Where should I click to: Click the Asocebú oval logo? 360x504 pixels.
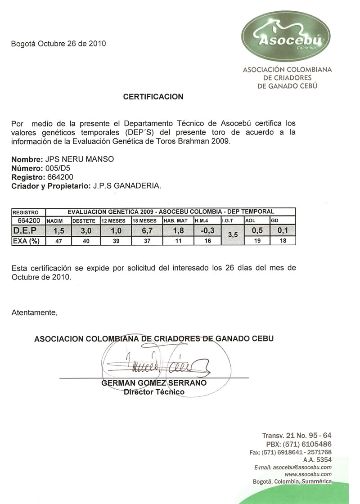[286, 36]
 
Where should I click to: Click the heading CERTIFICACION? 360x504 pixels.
[153, 97]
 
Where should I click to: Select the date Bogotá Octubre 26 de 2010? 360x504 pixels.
[58, 44]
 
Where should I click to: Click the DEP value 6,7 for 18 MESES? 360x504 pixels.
[146, 231]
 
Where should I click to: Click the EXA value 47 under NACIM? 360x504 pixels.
[58, 241]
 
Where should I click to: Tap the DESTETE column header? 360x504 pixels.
[84, 221]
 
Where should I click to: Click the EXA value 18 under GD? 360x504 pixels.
[282, 241]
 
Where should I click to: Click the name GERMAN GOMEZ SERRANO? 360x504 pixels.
[154, 383]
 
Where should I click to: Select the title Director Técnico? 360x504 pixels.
[154, 392]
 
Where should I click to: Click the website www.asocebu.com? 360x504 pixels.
[308, 474]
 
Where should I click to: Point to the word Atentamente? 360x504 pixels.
[35, 312]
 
